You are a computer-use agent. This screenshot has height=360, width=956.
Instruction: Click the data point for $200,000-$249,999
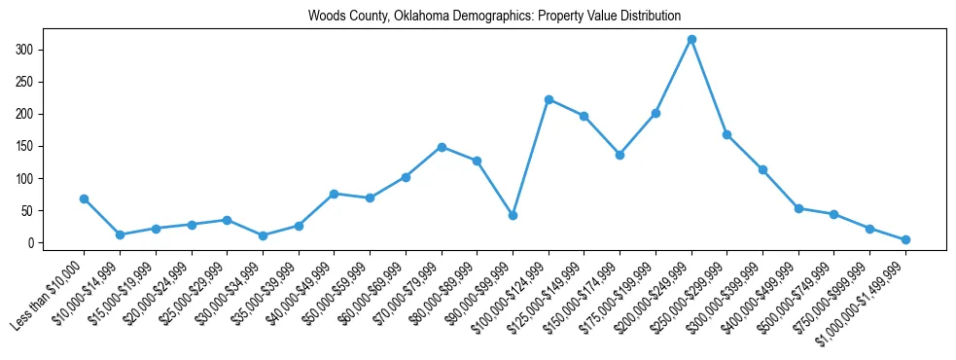[691, 39]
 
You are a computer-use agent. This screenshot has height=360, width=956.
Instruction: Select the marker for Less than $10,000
[85, 198]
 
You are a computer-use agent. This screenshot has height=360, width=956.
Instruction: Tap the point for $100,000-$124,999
[549, 99]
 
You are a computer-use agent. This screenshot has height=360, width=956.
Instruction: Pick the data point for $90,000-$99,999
[513, 215]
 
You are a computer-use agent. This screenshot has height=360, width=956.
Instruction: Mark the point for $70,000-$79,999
[442, 147]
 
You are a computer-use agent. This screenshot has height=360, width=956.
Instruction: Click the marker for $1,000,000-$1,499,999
[905, 239]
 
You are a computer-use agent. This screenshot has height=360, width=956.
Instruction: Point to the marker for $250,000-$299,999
[727, 134]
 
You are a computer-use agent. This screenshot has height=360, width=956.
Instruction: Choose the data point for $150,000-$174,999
[620, 155]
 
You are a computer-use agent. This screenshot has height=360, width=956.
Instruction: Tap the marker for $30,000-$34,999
[263, 235]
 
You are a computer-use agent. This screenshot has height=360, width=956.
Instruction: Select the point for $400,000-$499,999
[798, 208]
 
